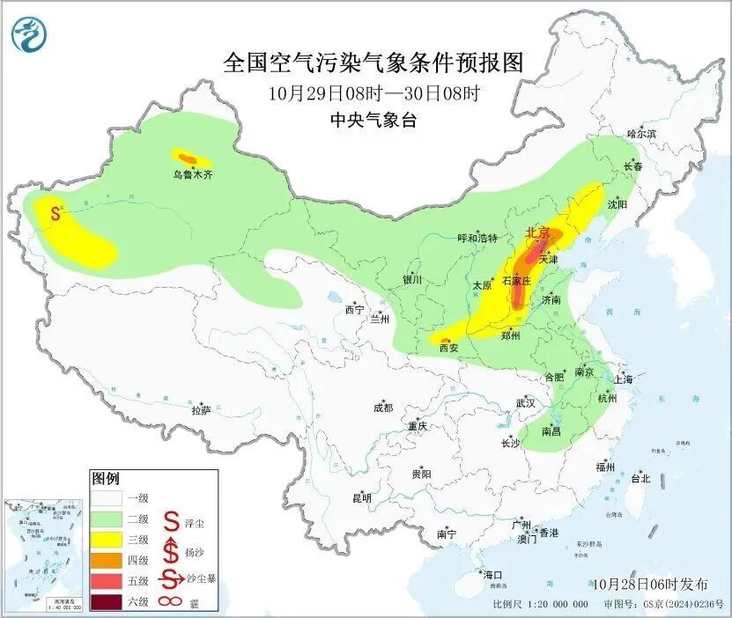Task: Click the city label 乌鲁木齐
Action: pyautogui.click(x=192, y=174)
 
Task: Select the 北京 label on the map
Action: pyautogui.click(x=537, y=232)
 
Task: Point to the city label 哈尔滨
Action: pyautogui.click(x=641, y=134)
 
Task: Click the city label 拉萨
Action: pyautogui.click(x=201, y=410)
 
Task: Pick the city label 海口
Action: pyautogui.click(x=492, y=575)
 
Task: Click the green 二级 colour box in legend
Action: pyautogui.click(x=105, y=519)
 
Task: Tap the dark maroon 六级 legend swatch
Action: pyautogui.click(x=105, y=603)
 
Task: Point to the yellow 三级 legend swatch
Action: pyautogui.click(x=105, y=541)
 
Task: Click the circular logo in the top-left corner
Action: pyautogui.click(x=28, y=34)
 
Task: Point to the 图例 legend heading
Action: pyautogui.click(x=105, y=479)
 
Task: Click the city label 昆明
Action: pyautogui.click(x=362, y=498)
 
